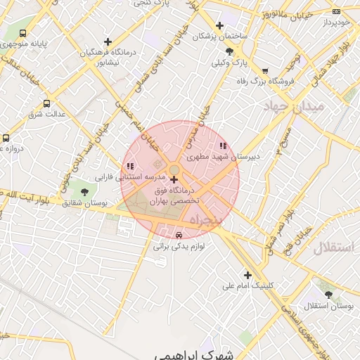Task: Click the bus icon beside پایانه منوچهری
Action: [23, 33]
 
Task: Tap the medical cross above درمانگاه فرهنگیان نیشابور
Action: [108, 42]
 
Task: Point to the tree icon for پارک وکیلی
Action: [230, 51]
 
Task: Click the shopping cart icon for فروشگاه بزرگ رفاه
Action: [265, 70]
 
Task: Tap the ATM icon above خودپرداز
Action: [336, 12]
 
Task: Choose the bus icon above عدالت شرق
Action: [47, 103]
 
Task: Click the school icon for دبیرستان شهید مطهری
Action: [223, 146]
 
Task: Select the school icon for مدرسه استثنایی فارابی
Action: [130, 166]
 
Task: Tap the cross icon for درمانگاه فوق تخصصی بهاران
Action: [174, 181]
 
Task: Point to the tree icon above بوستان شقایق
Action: [84, 192]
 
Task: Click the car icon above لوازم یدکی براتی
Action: [179, 236]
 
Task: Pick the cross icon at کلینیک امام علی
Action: [247, 275]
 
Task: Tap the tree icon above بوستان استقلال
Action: [329, 295]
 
